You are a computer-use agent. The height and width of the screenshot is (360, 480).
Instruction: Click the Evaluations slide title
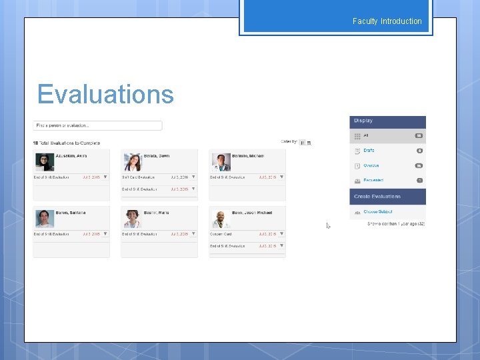tap(105, 95)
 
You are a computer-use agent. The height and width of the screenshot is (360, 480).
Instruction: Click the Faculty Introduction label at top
tap(387, 21)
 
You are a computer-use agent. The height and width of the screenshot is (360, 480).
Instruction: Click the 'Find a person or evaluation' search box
tap(97, 125)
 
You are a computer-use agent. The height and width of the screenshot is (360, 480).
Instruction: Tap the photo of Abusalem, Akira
tap(45, 162)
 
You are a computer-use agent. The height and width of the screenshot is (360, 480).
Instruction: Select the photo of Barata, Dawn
tap(132, 162)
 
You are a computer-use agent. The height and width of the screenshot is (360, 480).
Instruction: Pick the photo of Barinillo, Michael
tap(221, 162)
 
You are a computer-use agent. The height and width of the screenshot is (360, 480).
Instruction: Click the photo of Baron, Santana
tap(45, 219)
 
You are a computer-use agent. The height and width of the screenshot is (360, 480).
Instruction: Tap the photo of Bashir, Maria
tap(132, 219)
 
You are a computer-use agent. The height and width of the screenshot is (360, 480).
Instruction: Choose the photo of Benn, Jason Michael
tap(221, 219)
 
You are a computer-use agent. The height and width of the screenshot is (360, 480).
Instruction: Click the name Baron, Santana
tap(71, 213)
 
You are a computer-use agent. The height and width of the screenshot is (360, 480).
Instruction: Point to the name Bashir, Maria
tap(156, 213)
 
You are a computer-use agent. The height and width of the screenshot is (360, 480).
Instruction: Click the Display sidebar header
tap(387, 121)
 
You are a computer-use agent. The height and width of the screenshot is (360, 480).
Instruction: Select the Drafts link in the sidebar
tap(369, 151)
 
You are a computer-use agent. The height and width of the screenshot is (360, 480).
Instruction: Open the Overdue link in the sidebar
tap(371, 165)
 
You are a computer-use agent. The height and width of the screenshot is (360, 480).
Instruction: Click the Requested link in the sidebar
tap(373, 180)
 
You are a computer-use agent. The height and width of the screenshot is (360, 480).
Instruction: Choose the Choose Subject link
tap(379, 211)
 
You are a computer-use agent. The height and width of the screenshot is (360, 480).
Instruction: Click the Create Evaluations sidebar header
tap(387, 197)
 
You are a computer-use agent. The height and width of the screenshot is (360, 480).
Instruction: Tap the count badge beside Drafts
tap(419, 151)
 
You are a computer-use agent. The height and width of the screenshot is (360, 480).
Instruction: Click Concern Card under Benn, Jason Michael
tap(222, 234)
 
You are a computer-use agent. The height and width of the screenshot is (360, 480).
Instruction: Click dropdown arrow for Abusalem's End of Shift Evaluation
tap(105, 177)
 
